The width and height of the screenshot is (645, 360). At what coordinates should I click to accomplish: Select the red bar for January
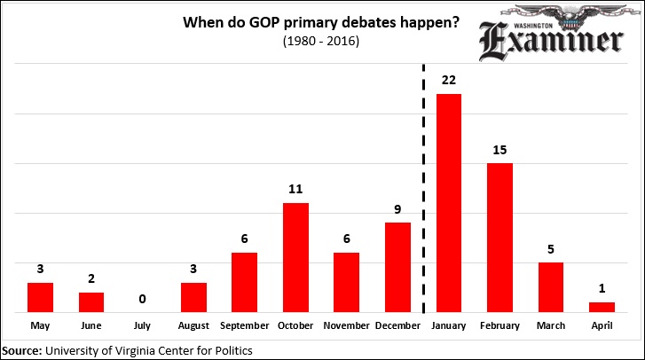[449, 203]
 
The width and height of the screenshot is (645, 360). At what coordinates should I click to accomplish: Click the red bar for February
[500, 238]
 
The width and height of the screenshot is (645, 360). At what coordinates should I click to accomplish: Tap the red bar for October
[295, 257]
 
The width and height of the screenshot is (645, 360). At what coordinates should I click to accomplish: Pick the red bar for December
[397, 267]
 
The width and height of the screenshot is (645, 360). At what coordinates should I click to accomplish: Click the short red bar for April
[602, 307]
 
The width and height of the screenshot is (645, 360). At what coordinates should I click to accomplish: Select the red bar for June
[91, 301]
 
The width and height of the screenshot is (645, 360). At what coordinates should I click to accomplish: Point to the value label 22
[449, 81]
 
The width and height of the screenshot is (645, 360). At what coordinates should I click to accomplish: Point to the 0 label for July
[143, 300]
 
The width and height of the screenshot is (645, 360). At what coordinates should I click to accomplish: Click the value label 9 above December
[397, 210]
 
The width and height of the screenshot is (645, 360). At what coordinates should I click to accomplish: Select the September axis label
[245, 326]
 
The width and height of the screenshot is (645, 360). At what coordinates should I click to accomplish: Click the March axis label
[551, 326]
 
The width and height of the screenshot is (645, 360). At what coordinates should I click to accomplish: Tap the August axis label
[193, 326]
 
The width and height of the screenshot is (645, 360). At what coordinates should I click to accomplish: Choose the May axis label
[40, 326]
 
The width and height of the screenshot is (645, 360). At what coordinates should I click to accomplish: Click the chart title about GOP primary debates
[320, 22]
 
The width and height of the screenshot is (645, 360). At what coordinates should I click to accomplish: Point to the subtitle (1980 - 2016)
[320, 41]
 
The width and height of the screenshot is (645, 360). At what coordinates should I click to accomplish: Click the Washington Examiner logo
[550, 34]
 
